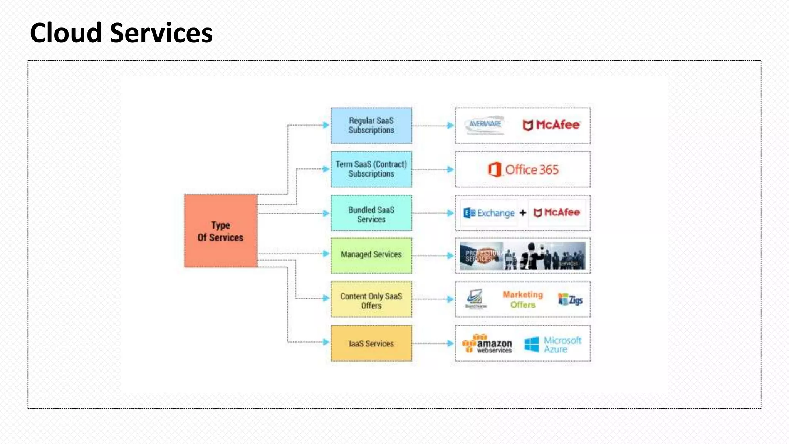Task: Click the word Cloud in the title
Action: pyautogui.click(x=66, y=33)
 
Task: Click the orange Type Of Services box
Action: pyautogui.click(x=220, y=231)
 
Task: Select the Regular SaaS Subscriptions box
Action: pyautogui.click(x=371, y=126)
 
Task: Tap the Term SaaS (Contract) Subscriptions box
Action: pyautogui.click(x=371, y=169)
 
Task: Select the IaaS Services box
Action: pyautogui.click(x=371, y=343)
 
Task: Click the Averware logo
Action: pyautogui.click(x=485, y=125)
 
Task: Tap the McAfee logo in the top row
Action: pyautogui.click(x=551, y=125)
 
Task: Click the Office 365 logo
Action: pyautogui.click(x=523, y=170)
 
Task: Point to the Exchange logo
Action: pyautogui.click(x=489, y=213)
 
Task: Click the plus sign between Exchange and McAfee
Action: pyautogui.click(x=523, y=213)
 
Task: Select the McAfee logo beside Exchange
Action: pyautogui.click(x=557, y=213)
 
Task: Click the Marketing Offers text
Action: pyautogui.click(x=523, y=299)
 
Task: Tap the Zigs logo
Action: pyautogui.click(x=571, y=300)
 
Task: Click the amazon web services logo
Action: pyautogui.click(x=487, y=343)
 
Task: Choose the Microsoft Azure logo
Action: pyautogui.click(x=553, y=344)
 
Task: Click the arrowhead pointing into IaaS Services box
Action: pyautogui.click(x=326, y=342)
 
